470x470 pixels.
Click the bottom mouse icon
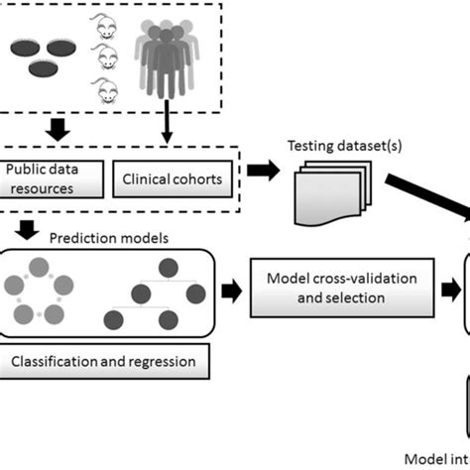pyautogui.click(x=106, y=94)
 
